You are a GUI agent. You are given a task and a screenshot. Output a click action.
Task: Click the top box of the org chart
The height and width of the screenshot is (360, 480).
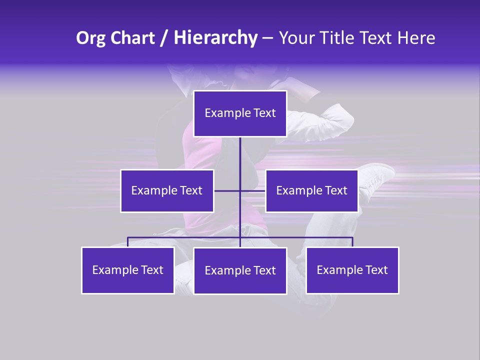pos(240,113)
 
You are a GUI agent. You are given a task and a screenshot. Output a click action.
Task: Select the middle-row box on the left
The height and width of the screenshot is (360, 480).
pos(167,191)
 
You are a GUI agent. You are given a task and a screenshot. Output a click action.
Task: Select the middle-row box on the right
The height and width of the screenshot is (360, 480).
pos(311,191)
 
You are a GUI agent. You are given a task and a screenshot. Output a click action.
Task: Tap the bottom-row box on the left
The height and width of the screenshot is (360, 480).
pos(128,270)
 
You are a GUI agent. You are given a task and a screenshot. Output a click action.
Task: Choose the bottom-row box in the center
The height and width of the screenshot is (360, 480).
pos(240,271)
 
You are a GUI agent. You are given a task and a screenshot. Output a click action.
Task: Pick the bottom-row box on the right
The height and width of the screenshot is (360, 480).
pos(352,270)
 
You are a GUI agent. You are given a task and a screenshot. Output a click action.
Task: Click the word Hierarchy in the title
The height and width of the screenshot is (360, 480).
pos(215,38)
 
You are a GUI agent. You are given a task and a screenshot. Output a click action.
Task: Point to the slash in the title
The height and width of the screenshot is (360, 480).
pos(164,38)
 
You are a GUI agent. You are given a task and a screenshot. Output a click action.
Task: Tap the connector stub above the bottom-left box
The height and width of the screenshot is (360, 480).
pos(128,242)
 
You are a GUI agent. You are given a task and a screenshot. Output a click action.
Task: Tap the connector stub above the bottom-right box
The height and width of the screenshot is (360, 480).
pos(352,242)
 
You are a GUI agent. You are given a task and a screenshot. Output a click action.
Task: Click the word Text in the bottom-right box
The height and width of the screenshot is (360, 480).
pos(376,270)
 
